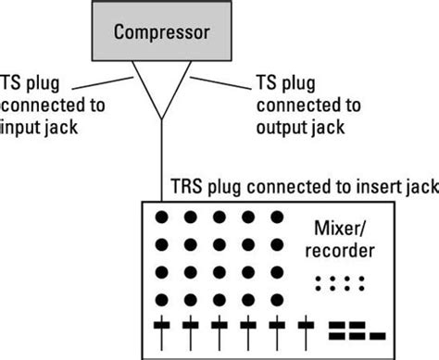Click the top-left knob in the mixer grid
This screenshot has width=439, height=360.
162,218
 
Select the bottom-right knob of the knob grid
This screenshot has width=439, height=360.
276,300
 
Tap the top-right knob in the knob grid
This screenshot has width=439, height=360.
276,218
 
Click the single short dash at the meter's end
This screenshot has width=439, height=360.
377,329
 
